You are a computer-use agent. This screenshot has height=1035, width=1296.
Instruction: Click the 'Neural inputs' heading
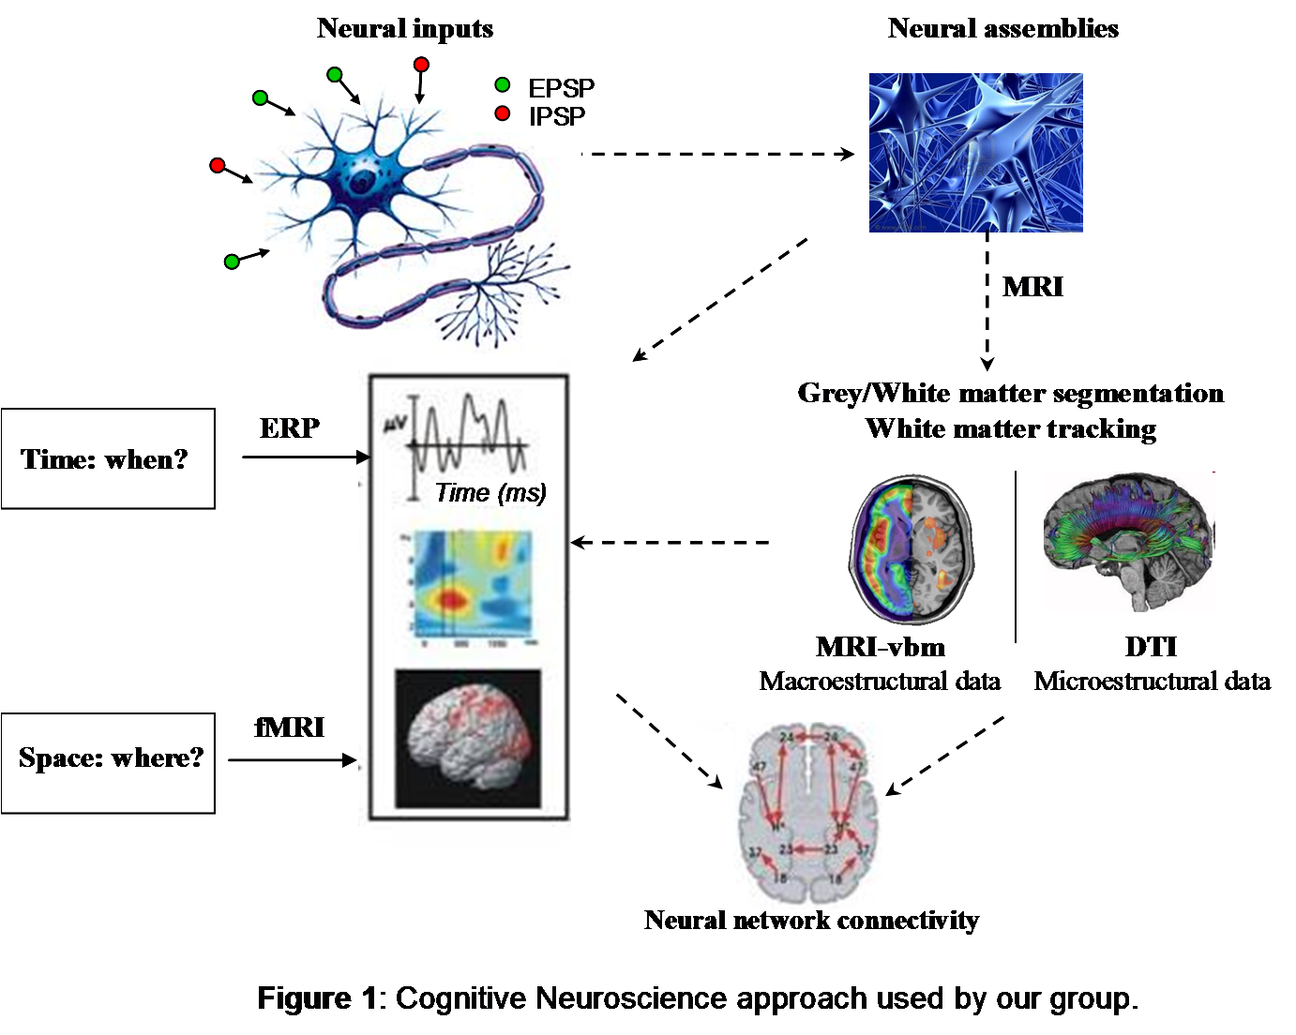coord(405,29)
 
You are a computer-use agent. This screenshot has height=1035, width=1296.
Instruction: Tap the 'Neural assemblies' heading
coord(1002,29)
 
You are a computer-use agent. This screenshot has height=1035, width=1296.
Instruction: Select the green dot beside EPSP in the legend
coord(503,85)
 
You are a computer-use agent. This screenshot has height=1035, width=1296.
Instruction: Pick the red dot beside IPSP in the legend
coord(503,113)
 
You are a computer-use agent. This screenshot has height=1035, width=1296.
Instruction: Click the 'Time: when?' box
coord(108,459)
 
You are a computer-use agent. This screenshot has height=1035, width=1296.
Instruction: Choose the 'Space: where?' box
coord(108,757)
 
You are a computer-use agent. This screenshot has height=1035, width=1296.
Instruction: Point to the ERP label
coord(290,428)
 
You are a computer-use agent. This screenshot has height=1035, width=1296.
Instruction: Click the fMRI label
coord(289,727)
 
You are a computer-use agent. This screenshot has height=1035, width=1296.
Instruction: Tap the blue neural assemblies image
coord(975,153)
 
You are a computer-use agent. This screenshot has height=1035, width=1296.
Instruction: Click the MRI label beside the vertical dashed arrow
coord(1032,287)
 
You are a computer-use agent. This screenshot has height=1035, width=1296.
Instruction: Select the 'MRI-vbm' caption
coord(881,647)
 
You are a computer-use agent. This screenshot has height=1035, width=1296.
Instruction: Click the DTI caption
coord(1151,647)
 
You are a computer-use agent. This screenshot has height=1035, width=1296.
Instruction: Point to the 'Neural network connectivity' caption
coord(811,921)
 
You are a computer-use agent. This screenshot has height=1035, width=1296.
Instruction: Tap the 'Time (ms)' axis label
coord(490,493)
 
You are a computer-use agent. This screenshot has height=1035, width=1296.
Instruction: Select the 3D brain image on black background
coord(468,739)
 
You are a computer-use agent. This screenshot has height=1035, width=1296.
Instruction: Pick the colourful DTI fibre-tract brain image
coord(1129,542)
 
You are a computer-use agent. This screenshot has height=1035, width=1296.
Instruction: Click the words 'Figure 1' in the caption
coord(316,998)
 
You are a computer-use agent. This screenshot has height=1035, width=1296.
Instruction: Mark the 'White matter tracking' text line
coord(1010,429)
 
